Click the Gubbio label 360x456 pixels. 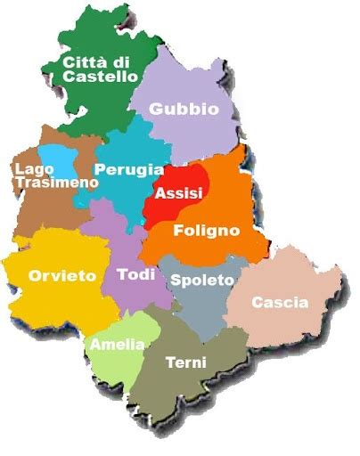coord(184,109)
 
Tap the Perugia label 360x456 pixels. coord(129,168)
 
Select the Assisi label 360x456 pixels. coord(178,193)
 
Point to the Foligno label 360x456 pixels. coord(208,230)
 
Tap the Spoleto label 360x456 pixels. coord(201,280)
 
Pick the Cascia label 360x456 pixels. coord(280,303)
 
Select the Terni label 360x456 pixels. coord(186,362)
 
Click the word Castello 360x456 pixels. coord(100,77)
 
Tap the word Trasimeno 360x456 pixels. coord(56,182)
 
